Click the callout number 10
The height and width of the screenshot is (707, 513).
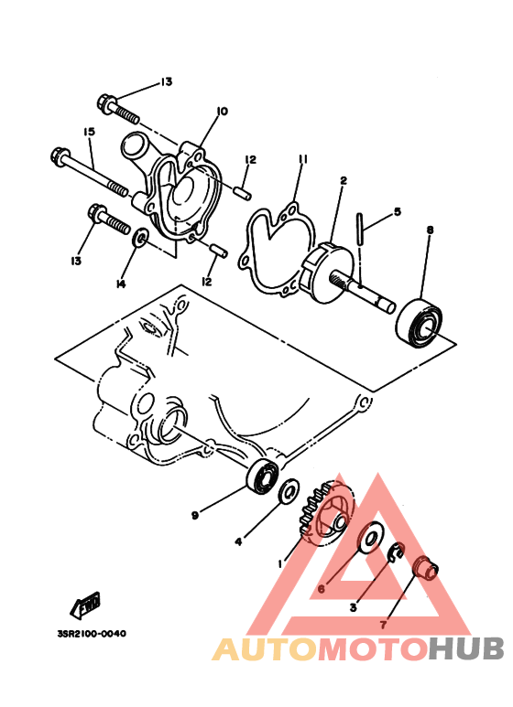pyautogui.click(x=222, y=111)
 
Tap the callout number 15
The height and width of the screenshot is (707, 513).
pyautogui.click(x=89, y=132)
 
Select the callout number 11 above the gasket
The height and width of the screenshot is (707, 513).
pyautogui.click(x=302, y=159)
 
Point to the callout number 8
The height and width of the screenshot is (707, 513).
pyautogui.click(x=430, y=230)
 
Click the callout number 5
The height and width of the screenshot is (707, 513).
pyautogui.click(x=397, y=211)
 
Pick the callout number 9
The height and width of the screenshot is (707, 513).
pyautogui.click(x=195, y=515)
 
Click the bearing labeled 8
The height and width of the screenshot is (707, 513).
pyautogui.click(x=420, y=323)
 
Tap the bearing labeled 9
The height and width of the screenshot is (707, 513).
pyautogui.click(x=263, y=477)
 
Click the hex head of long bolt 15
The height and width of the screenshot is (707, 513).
pyautogui.click(x=59, y=156)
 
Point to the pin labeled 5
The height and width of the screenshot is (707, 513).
pyautogui.click(x=360, y=230)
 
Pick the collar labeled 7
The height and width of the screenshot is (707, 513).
pyautogui.click(x=426, y=569)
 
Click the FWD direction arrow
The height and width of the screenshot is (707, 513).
pyautogui.click(x=85, y=605)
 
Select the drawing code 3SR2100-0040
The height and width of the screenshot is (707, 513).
pyautogui.click(x=93, y=634)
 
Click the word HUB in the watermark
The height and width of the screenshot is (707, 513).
pyautogui.click(x=466, y=648)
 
